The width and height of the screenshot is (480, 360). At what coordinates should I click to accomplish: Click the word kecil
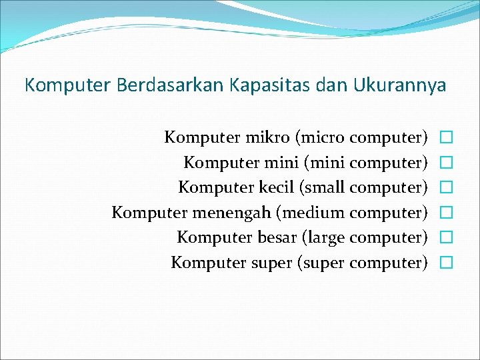[273, 187]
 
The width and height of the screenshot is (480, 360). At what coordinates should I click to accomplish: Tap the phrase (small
[323, 187]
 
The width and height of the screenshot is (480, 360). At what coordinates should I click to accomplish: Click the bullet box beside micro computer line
[446, 138]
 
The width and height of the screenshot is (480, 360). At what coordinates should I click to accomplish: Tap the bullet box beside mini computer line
[446, 163]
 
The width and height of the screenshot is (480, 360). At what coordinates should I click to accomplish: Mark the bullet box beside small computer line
[446, 188]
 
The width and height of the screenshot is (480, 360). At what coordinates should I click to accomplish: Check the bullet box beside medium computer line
[446, 213]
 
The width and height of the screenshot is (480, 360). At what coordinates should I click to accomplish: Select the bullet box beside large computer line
[446, 238]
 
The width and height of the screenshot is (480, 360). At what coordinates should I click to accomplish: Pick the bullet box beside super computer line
[446, 263]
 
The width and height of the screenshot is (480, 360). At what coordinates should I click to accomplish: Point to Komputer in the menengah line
[149, 213]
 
